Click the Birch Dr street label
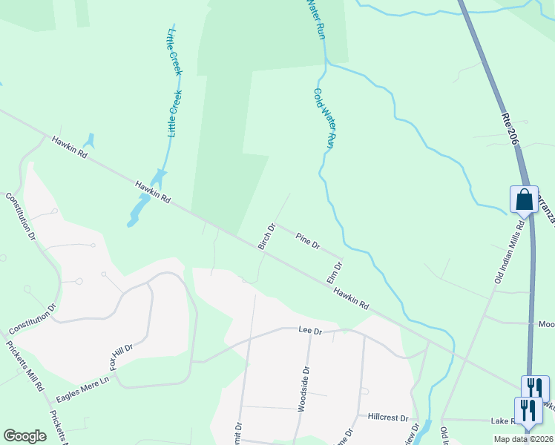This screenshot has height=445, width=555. coord(266,237)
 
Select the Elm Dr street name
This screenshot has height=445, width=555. coord(334,271)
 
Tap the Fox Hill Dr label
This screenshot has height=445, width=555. coord(122,358)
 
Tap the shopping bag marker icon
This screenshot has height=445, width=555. coord(524,200)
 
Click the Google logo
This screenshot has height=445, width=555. coord(24,436)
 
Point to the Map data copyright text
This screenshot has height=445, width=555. coord(524,439)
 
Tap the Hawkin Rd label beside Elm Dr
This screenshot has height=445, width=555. coord(351,299)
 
